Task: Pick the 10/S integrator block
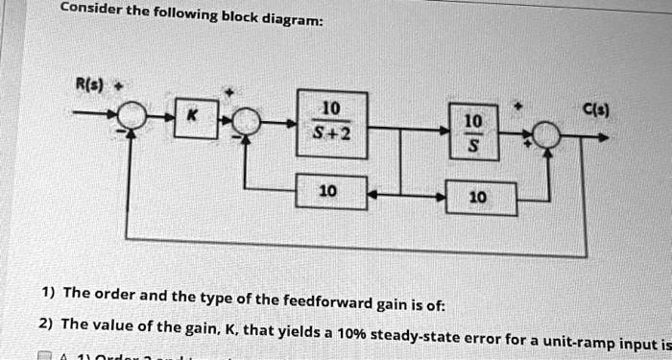(473, 129)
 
